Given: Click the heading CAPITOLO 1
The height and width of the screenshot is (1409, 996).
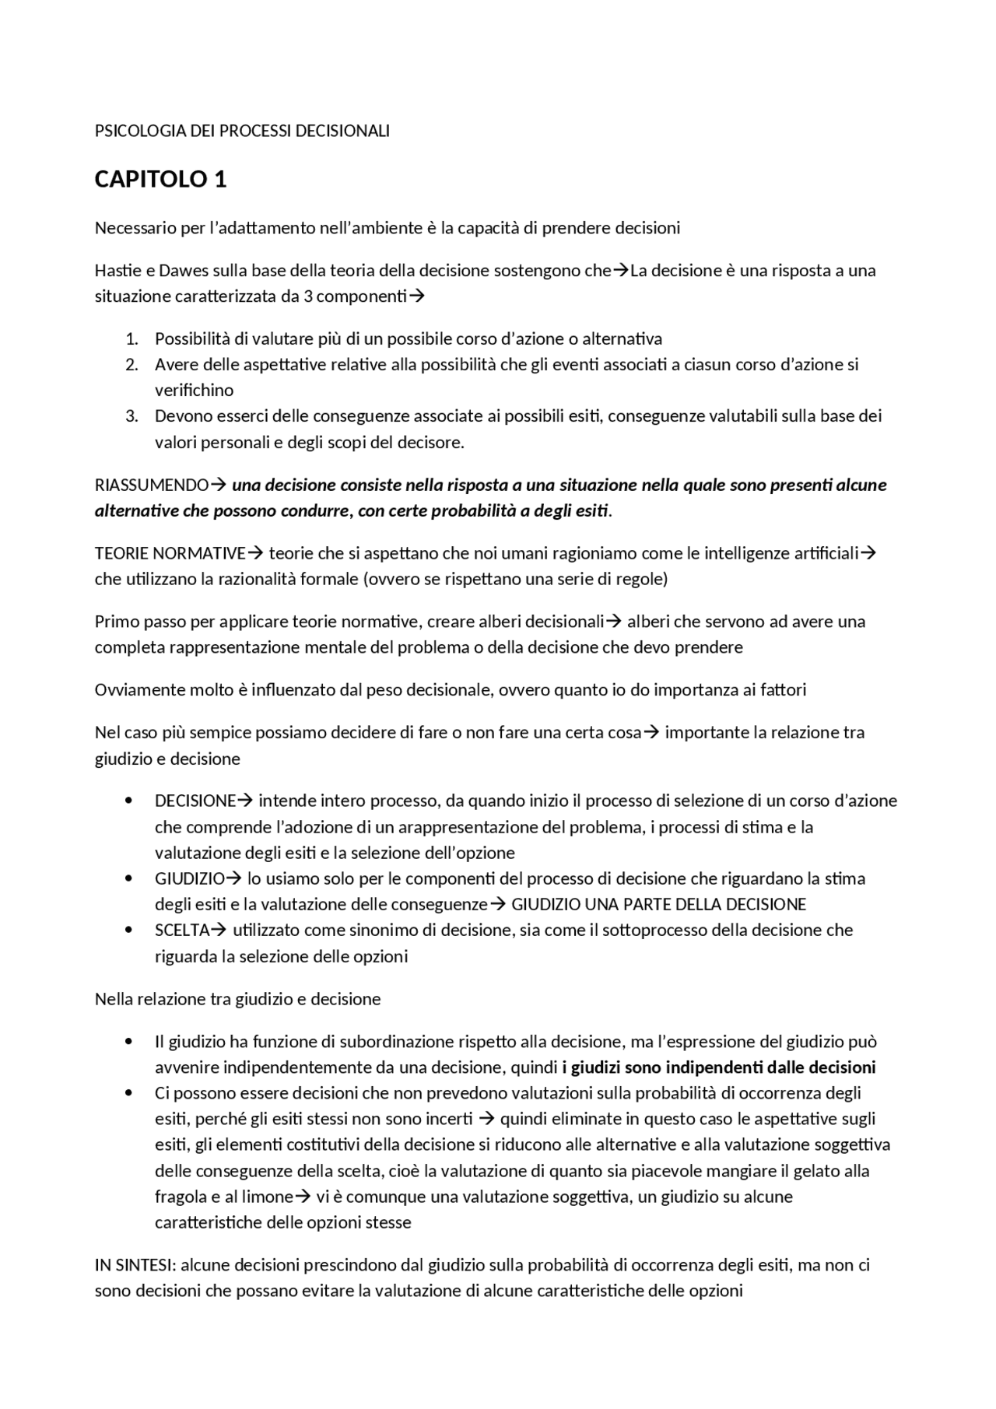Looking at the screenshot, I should (160, 180).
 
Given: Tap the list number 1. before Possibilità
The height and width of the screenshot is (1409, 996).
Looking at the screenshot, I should (132, 338).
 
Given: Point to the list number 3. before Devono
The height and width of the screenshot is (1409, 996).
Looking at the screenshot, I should (132, 416).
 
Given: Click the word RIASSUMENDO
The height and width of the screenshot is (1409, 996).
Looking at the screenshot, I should (152, 485).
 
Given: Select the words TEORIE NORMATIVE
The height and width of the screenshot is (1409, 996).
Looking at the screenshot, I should (170, 554).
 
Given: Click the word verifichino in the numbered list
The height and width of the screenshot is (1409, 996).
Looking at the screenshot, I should (194, 390).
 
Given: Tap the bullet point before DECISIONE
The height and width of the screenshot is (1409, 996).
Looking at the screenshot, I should (128, 801).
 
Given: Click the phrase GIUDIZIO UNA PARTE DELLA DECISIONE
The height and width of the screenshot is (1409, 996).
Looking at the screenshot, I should (658, 905).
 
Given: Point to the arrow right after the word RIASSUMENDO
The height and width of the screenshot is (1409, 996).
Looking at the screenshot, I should (219, 485).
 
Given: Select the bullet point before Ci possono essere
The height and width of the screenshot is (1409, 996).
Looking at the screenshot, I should (128, 1093).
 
